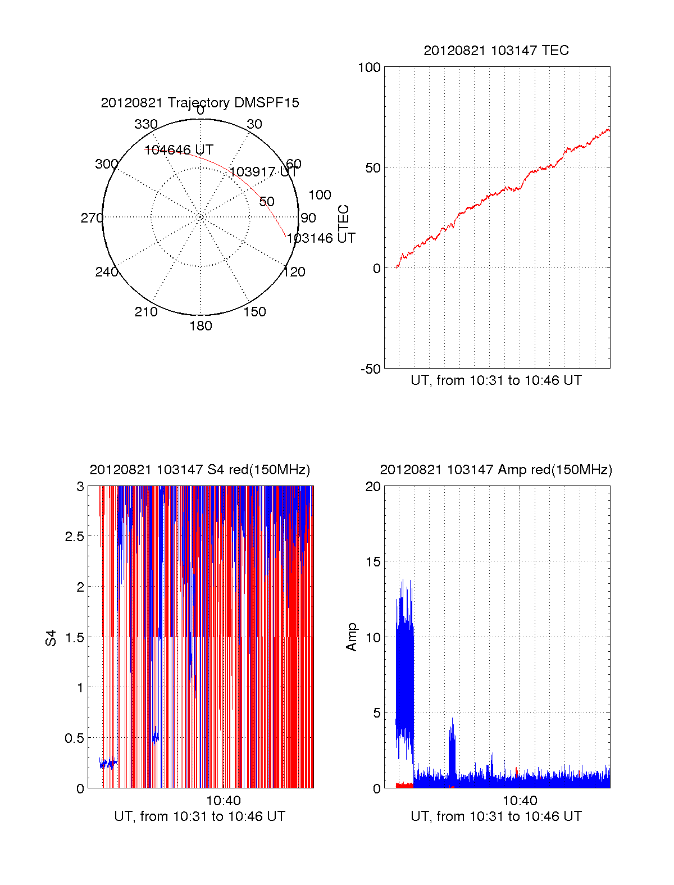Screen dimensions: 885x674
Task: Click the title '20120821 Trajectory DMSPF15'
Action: tap(200, 103)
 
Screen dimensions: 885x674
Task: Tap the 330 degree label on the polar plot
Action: tap(146, 124)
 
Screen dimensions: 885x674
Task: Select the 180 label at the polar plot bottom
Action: tap(201, 326)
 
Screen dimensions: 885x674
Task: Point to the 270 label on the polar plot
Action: tap(92, 218)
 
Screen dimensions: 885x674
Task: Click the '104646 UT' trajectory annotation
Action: tap(179, 150)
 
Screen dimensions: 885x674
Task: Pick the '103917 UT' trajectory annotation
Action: tap(263, 172)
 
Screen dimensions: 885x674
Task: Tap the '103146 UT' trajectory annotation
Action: tap(321, 238)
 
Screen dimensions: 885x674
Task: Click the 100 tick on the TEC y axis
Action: tap(369, 67)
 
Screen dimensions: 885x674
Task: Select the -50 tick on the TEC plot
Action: tap(370, 369)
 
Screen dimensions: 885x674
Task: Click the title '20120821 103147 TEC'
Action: tap(496, 51)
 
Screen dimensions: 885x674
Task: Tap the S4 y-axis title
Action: tap(51, 638)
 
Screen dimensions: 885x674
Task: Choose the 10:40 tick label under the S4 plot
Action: tap(223, 801)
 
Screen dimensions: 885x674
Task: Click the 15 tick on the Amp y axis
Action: tap(373, 562)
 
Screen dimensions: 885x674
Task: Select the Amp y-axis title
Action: tap(352, 637)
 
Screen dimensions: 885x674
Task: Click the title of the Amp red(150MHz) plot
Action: tap(496, 470)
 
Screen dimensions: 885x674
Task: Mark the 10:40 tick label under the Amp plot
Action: tap(520, 801)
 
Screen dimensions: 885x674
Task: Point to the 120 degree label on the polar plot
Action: tap(294, 273)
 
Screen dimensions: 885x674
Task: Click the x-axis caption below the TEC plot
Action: tap(496, 380)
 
